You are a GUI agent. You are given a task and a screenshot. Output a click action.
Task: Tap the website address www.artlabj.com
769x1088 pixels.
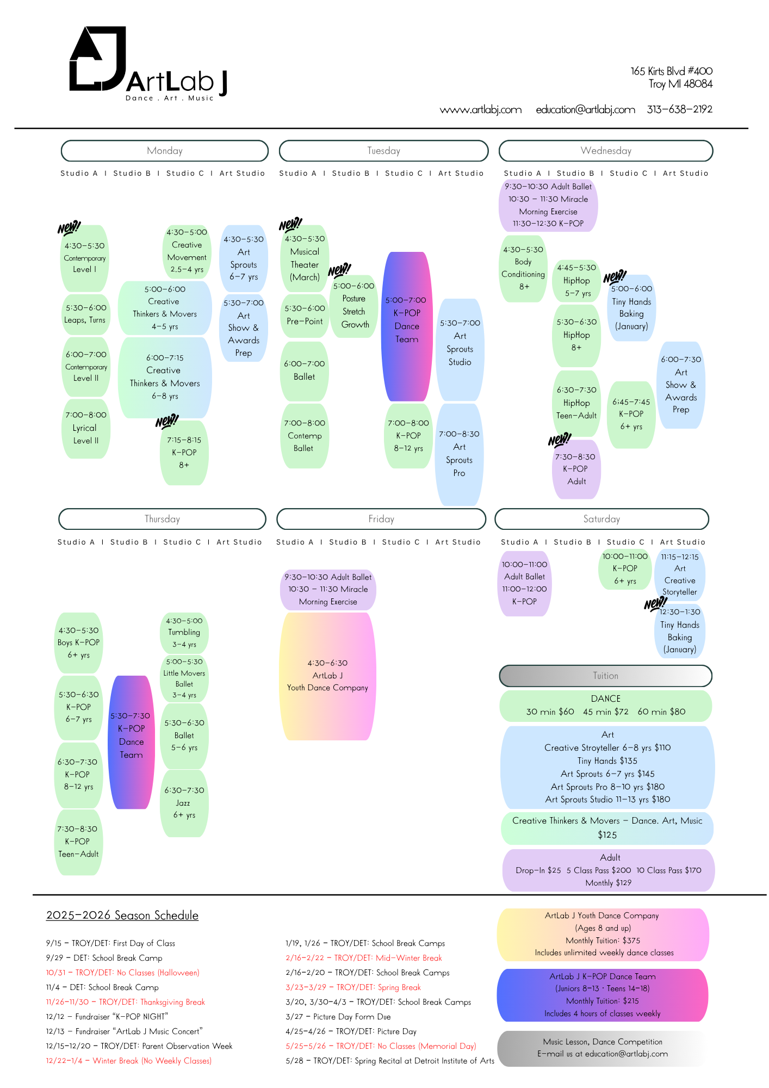click(481, 110)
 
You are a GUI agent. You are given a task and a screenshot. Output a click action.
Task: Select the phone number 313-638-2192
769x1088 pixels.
click(679, 109)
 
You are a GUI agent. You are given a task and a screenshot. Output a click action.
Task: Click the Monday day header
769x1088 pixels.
click(165, 151)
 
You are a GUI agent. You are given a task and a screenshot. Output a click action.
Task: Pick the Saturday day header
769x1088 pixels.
click(601, 519)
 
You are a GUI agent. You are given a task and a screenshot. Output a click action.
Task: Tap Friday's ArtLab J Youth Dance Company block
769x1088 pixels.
click(327, 676)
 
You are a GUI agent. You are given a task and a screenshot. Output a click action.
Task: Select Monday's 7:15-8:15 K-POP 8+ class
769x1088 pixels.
click(184, 452)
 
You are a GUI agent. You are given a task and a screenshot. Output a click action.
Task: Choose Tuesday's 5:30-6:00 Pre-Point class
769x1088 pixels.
click(305, 315)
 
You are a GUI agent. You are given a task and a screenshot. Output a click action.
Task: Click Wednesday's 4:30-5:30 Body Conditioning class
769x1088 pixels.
click(523, 268)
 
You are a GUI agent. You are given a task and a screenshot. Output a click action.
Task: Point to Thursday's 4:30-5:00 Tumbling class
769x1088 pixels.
click(184, 632)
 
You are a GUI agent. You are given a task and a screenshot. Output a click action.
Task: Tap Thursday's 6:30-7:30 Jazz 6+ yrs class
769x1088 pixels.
click(184, 802)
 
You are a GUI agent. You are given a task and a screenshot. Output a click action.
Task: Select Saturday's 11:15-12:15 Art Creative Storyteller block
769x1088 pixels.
click(680, 574)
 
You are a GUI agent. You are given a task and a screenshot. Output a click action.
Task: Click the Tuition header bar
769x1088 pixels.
click(605, 676)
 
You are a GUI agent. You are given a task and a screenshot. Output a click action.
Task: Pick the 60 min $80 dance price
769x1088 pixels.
click(661, 712)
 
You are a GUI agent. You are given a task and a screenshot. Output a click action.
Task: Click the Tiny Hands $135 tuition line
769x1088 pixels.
click(607, 761)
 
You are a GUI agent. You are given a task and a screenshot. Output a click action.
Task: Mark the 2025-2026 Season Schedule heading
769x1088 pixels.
click(122, 916)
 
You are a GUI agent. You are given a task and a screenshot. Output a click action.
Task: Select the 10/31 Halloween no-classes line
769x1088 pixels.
click(123, 973)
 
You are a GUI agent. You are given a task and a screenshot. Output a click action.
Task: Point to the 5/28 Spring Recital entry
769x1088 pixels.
click(390, 1061)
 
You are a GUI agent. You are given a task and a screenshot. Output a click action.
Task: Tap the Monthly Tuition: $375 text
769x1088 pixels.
click(603, 941)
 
